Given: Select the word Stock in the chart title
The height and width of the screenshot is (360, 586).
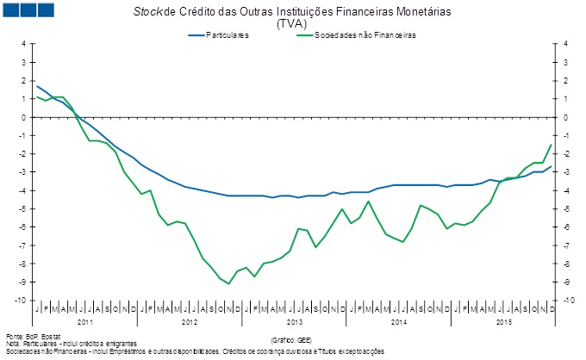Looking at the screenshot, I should [x=147, y=13].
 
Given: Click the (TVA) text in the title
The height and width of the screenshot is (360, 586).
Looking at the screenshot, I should [x=292, y=24].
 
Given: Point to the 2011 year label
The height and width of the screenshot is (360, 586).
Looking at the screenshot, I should [x=84, y=321].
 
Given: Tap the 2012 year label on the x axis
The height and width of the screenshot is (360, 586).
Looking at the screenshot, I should [x=189, y=321].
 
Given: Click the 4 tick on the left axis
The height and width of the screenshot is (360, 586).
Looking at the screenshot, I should [x=24, y=44].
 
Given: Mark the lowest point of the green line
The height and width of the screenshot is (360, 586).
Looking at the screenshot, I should [x=228, y=283].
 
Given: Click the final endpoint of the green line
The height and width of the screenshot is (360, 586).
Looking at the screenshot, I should [x=551, y=145].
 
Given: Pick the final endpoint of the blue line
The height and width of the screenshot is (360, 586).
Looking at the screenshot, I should [x=551, y=166].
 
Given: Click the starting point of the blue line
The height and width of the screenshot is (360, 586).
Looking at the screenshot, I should [x=36, y=85].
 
